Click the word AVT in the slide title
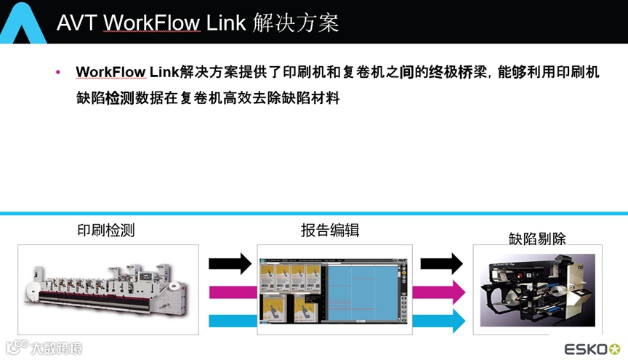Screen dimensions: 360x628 pos(77,23)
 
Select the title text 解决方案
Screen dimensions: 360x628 pos(297,23)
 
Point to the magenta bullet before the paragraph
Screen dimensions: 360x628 pos(59,73)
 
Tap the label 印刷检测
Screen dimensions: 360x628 pos(106,231)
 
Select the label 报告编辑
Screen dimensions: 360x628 pos(330,231)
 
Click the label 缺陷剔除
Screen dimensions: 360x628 pos(537,238)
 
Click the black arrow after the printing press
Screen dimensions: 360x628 pos(230,263)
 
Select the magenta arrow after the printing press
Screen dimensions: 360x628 pos(230,292)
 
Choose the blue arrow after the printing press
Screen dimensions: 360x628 pos(230,321)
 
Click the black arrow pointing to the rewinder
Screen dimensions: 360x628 pos(441,263)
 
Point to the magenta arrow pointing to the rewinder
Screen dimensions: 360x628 pos(440,292)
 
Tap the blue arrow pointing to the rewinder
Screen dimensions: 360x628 pos(440,321)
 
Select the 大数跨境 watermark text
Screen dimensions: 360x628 pos(55,347)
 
